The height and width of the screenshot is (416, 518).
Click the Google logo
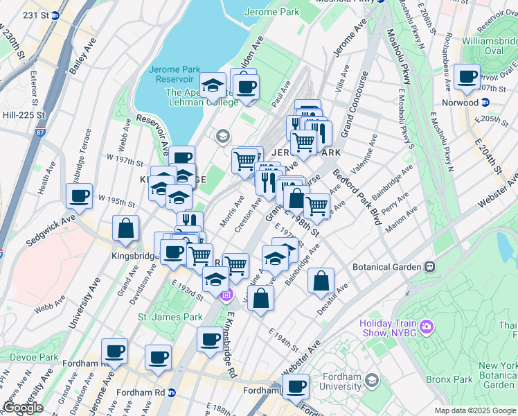22,408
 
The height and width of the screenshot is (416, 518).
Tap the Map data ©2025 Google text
475,410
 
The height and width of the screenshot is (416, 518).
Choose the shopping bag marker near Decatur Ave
321,281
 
